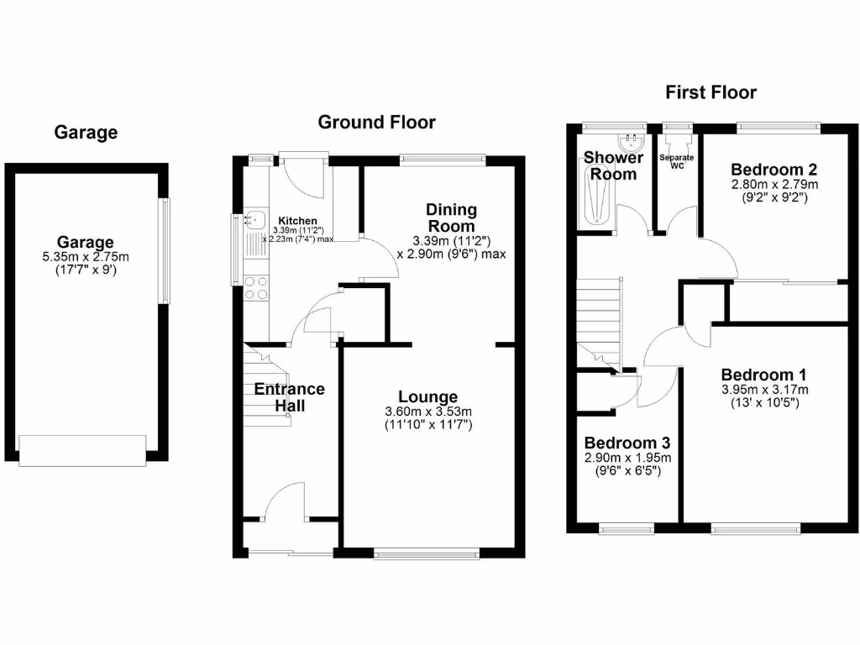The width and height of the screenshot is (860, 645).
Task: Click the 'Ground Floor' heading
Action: [376, 123]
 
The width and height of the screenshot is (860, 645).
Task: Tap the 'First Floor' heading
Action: [711, 92]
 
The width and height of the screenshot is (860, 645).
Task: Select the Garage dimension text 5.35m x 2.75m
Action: [86, 257]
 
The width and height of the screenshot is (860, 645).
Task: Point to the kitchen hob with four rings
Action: [255, 288]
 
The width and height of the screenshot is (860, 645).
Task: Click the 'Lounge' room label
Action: [428, 396]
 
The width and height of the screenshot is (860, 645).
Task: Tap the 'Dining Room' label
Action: [451, 218]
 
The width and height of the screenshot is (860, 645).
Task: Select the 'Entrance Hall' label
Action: [290, 397]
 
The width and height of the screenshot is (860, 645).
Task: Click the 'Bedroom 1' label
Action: [758, 375]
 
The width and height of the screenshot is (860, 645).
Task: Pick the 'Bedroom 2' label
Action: [774, 167]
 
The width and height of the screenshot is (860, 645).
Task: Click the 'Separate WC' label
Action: [675, 161]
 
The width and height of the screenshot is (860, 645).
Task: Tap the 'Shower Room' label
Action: [613, 165]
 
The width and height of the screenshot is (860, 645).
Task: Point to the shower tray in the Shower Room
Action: [597, 197]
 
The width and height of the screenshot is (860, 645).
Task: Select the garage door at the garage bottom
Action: [83, 449]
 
